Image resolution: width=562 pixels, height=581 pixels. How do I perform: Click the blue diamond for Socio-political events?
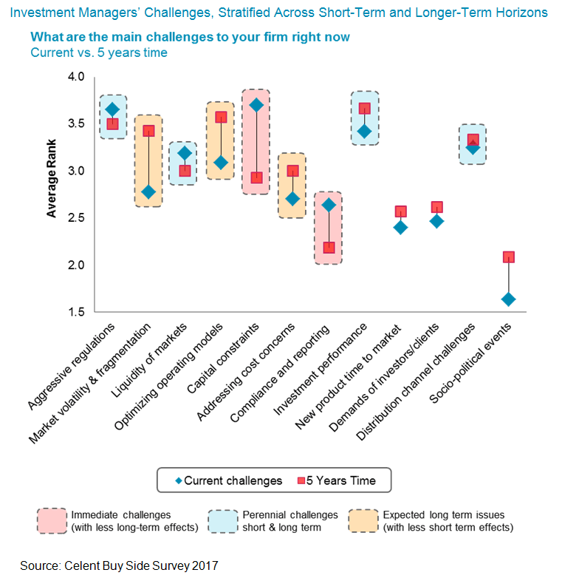(x=509, y=299)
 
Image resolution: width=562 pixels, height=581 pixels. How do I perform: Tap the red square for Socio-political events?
(x=509, y=257)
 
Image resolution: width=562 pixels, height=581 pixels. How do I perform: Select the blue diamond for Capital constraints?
(x=256, y=105)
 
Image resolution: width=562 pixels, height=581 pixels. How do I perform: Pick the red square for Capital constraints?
(x=256, y=177)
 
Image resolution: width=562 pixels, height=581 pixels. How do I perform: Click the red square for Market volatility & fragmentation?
(x=148, y=131)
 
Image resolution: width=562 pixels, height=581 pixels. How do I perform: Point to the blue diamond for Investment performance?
(x=364, y=132)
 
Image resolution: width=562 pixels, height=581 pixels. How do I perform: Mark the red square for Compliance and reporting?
(x=329, y=248)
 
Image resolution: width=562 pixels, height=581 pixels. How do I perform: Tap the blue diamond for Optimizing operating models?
(x=220, y=163)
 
